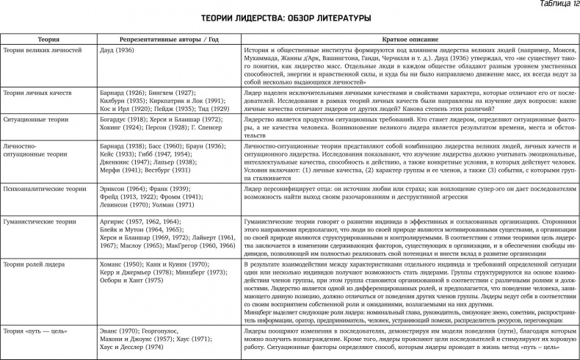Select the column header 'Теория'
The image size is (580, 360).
click(x=48, y=38)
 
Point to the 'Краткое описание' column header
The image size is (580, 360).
click(x=410, y=38)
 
